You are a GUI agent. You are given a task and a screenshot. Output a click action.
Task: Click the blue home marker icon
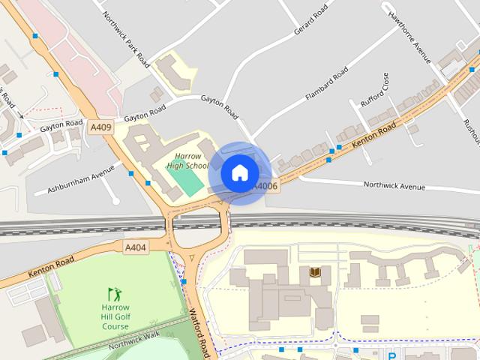tap(239, 172)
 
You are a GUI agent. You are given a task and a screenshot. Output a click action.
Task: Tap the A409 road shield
tap(100, 127)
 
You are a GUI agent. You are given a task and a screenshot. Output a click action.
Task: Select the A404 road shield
tap(136, 247)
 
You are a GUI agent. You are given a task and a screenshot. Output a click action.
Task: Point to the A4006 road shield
tap(265, 186)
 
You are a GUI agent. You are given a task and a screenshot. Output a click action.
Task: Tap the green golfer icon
tap(114, 293)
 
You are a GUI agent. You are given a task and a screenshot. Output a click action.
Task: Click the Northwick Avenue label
tap(394, 185)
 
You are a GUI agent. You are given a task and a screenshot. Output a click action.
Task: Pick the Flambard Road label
tap(327, 84)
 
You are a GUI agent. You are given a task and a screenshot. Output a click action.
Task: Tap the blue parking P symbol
tap(391, 356)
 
